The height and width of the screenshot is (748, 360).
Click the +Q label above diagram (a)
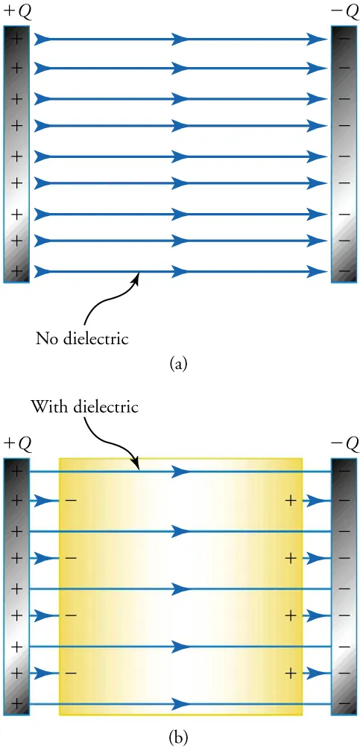coord(16,13)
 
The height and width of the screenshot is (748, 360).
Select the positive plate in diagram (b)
coord(16,586)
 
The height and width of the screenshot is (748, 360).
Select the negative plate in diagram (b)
coord(344,586)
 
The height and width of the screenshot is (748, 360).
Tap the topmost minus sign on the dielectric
coord(69,501)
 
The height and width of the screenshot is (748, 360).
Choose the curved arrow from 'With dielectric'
coord(112,444)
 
